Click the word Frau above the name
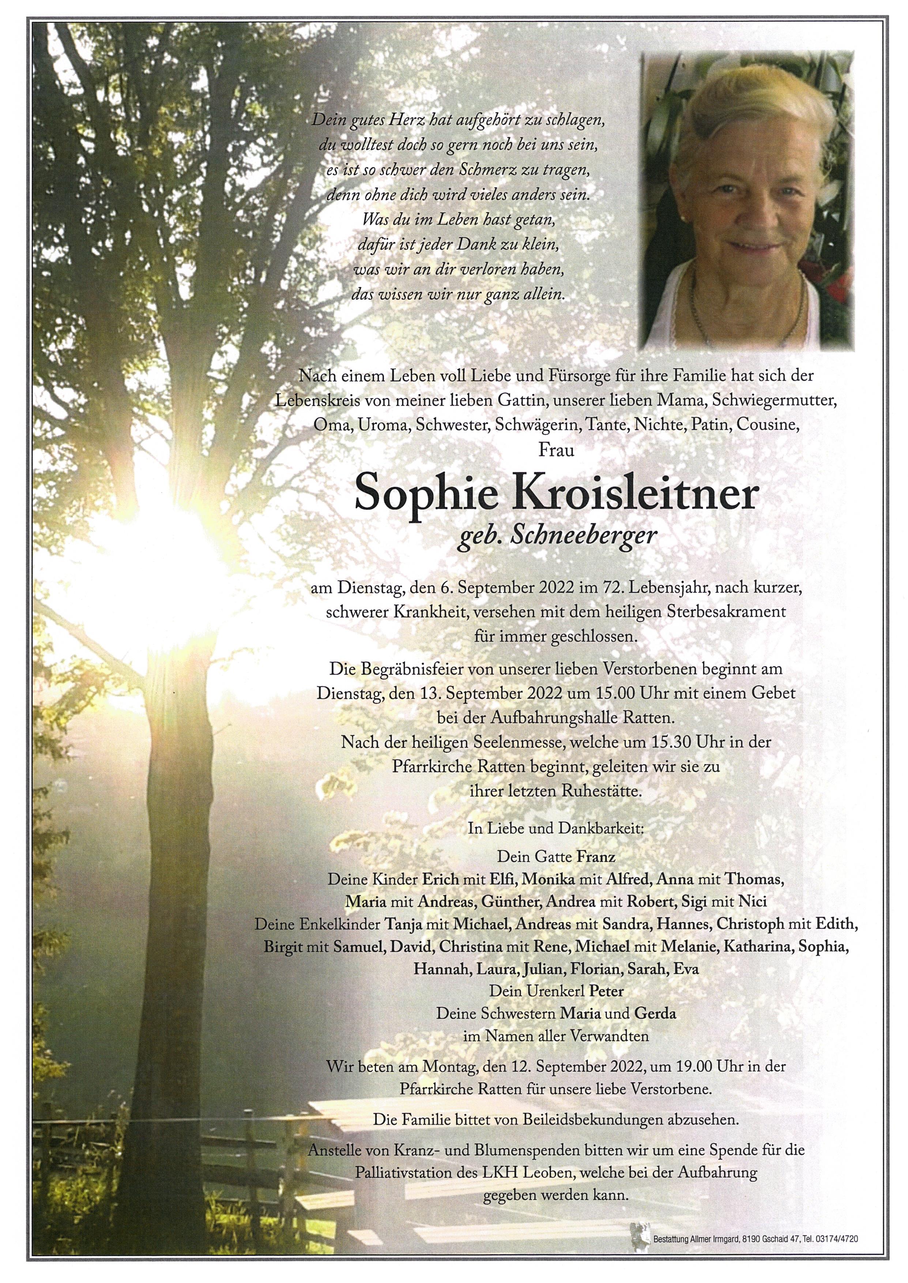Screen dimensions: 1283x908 click(x=556, y=450)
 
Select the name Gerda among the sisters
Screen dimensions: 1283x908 click(x=655, y=1013)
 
